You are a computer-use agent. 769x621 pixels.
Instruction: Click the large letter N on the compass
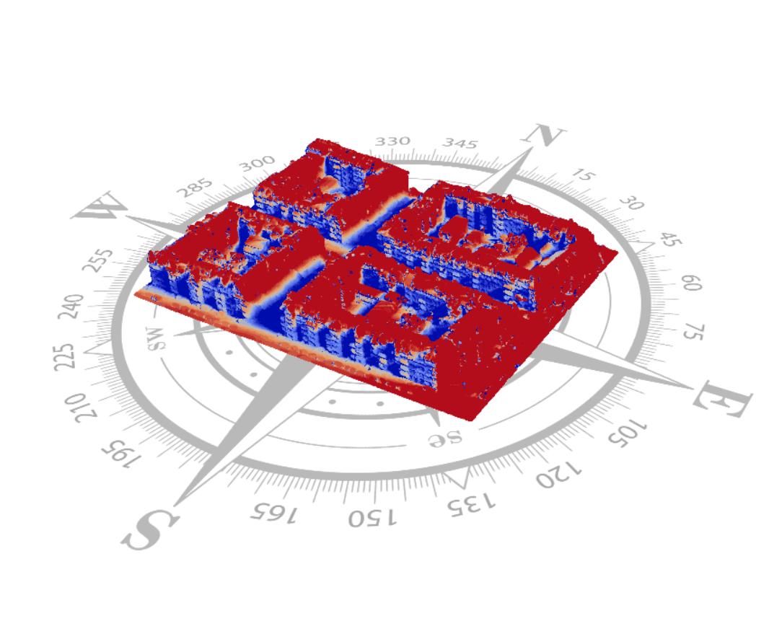543,134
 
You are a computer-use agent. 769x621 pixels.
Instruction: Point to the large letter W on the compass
100,206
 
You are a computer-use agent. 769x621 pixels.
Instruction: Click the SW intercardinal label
157,338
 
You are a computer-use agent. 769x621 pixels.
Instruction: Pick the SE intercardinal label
445,438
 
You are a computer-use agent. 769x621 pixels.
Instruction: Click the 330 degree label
392,141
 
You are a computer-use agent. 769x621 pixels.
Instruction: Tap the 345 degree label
460,144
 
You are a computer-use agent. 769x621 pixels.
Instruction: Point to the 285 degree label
195,188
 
